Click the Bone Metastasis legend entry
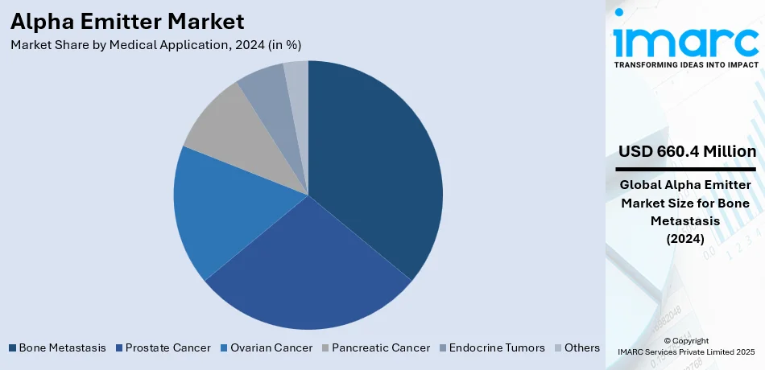(x=57, y=348)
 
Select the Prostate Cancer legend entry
(x=163, y=348)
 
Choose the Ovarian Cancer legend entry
(x=267, y=348)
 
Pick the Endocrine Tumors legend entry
(x=490, y=348)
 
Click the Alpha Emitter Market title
(x=128, y=20)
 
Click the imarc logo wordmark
(x=685, y=38)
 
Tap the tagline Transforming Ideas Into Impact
(x=685, y=64)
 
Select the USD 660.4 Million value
(x=687, y=151)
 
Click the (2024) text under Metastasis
(x=686, y=239)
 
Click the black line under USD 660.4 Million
(x=686, y=170)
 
